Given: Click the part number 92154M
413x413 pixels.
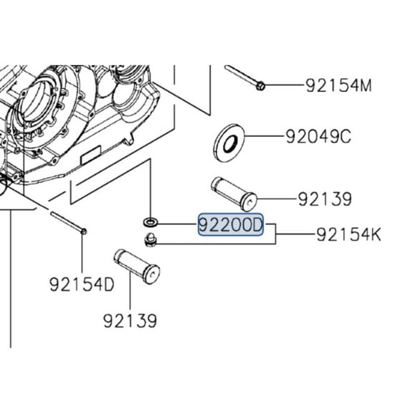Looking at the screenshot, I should coord(339,86).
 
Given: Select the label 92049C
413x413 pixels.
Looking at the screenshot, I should coord(318,136).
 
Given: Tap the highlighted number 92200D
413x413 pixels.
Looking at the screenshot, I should coord(232,227).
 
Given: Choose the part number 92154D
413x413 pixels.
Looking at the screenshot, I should coord(82,285).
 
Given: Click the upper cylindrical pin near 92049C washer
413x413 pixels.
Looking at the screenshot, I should coord(234,192).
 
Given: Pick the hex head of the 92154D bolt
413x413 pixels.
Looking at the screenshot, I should coord(85,231).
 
